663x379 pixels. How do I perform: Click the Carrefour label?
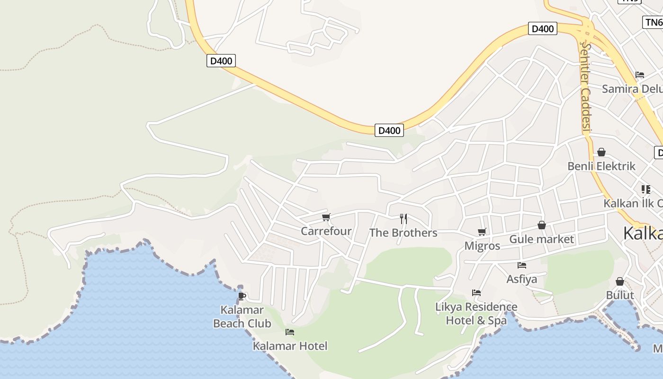click(326, 231)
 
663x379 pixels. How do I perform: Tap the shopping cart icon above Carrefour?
click(326, 217)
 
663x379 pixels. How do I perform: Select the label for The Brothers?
click(403, 233)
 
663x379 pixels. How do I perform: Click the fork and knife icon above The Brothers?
click(403, 218)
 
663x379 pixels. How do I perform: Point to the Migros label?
click(482, 246)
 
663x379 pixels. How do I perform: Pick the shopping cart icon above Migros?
click(482, 232)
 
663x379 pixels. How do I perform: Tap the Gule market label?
click(541, 239)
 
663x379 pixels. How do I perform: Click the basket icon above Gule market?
click(542, 225)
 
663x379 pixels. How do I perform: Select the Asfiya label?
click(522, 279)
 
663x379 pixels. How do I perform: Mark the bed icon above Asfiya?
click(522, 265)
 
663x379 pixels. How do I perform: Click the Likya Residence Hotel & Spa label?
click(476, 314)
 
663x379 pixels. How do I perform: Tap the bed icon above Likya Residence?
click(476, 293)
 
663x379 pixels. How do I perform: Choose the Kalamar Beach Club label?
click(242, 317)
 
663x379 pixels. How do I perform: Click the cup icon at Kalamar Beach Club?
click(242, 297)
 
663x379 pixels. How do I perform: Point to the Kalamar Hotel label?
click(290, 346)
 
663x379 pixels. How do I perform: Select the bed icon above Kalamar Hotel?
click(290, 332)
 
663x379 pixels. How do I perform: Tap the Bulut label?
click(620, 295)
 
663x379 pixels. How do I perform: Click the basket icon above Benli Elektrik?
click(601, 152)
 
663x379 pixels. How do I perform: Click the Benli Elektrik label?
click(601, 166)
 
